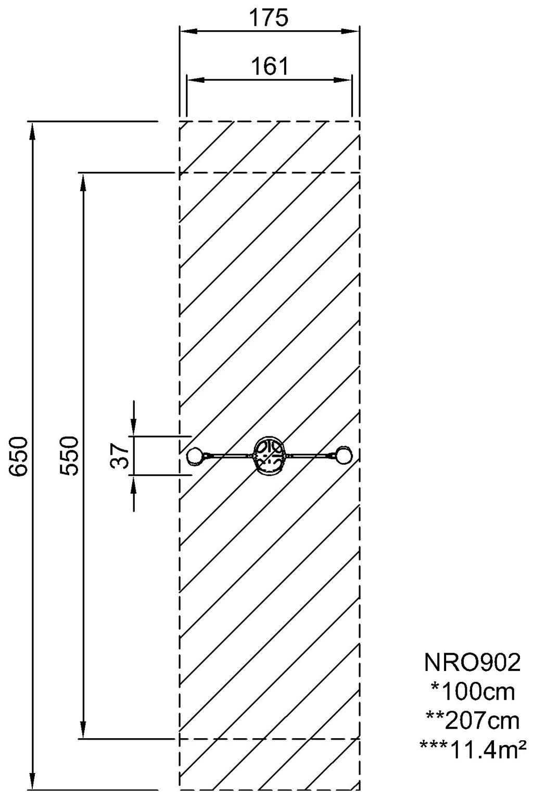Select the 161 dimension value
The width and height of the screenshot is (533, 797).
pos(270,67)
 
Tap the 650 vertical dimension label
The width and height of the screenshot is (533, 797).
pos(18,456)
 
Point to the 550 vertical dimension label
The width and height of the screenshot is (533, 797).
pos(69,456)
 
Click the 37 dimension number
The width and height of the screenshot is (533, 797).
pos(120,456)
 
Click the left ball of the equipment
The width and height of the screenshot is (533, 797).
pos(195,456)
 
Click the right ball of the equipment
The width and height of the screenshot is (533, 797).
pos(344,455)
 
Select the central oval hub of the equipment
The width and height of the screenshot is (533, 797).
pos(269,456)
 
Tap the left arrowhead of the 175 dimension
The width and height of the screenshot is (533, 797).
pos(188,31)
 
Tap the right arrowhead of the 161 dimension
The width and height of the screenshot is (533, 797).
pos(343,80)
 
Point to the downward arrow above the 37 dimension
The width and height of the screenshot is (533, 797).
pos(134,418)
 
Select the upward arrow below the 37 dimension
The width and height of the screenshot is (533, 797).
pos(134,493)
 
